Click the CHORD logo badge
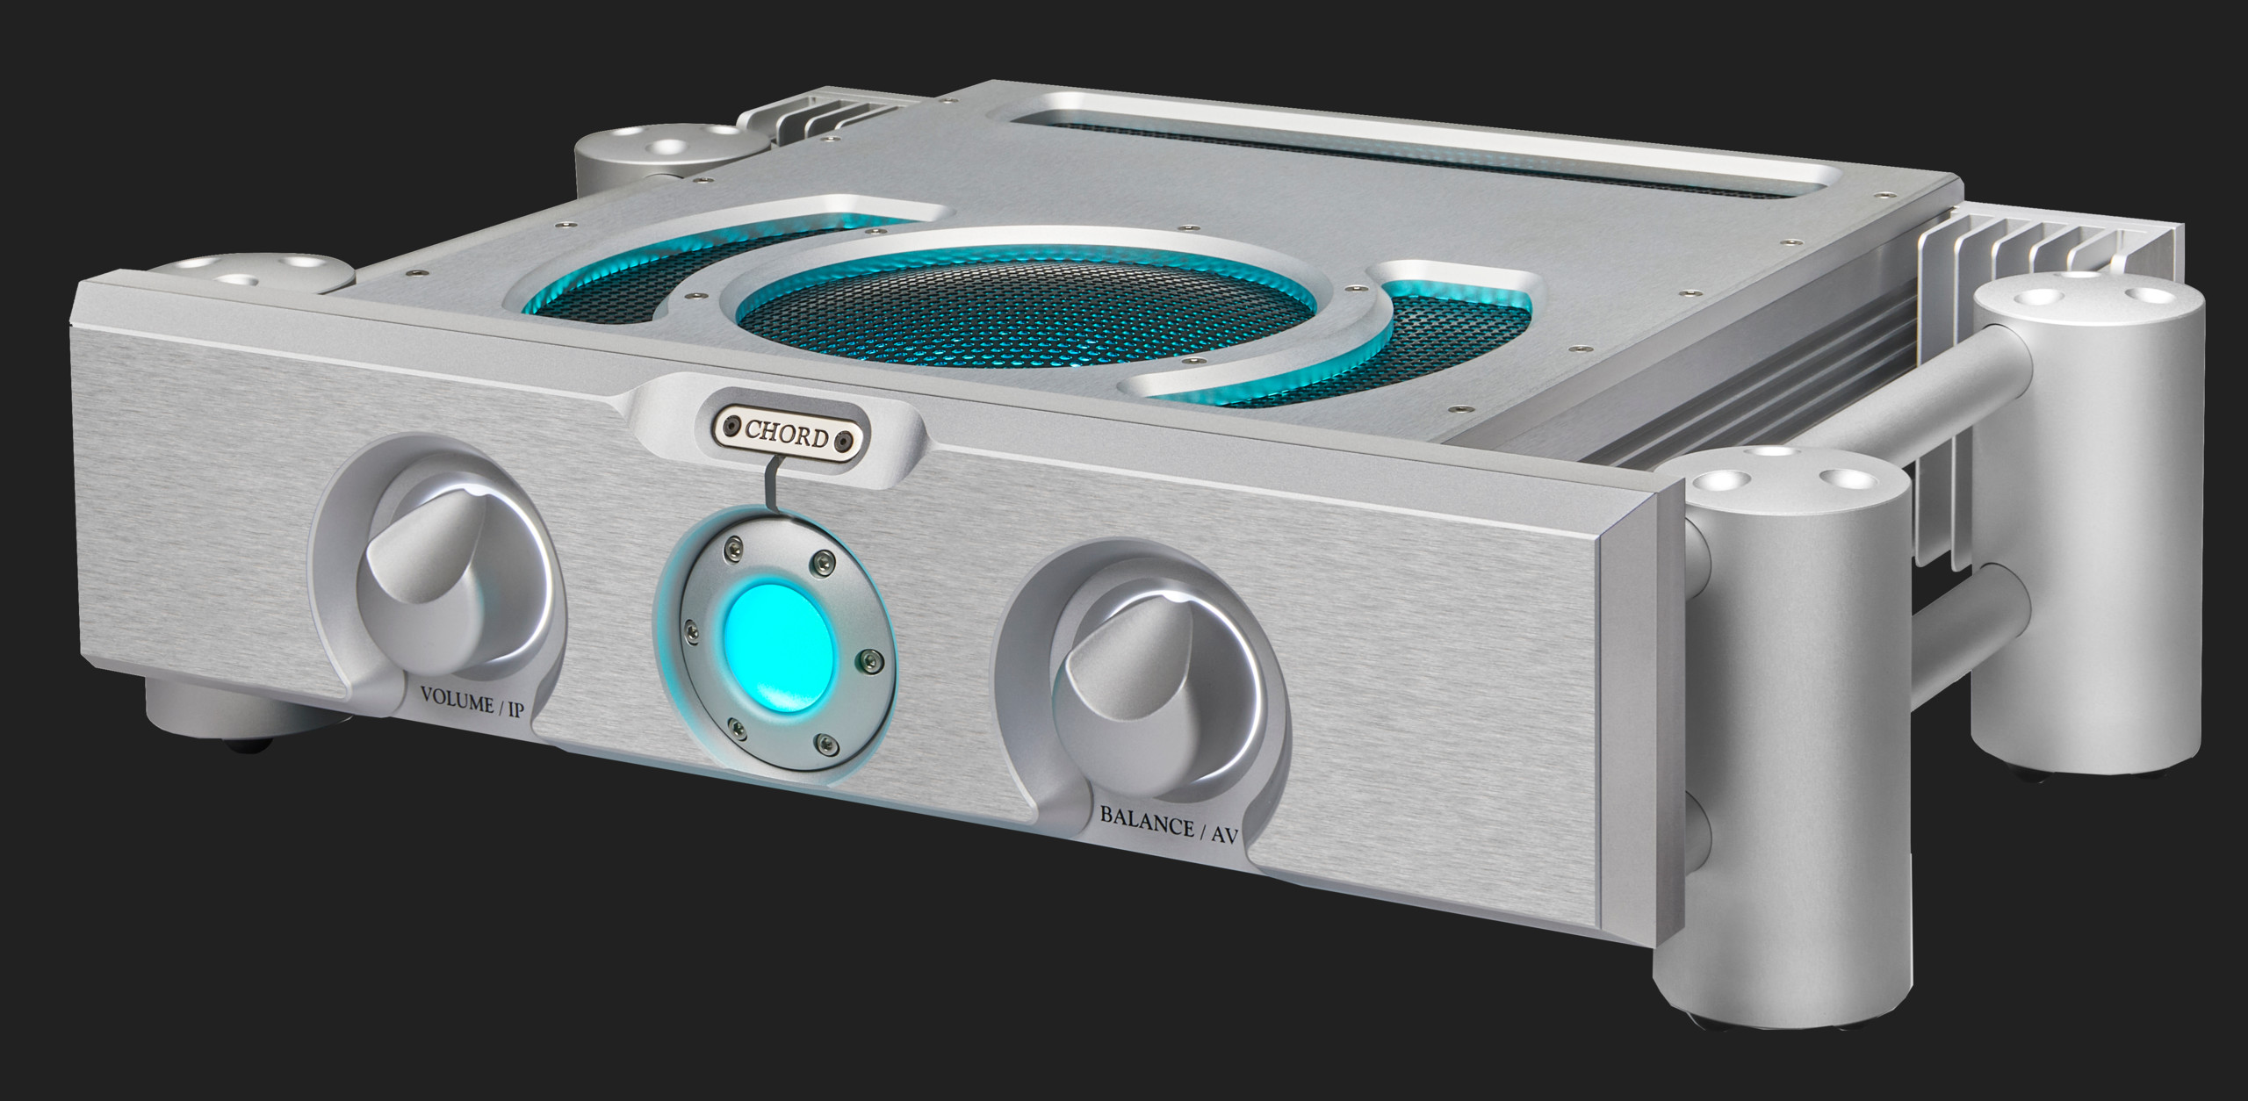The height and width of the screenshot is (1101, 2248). click(786, 435)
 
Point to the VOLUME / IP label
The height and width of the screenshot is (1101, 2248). click(472, 705)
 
